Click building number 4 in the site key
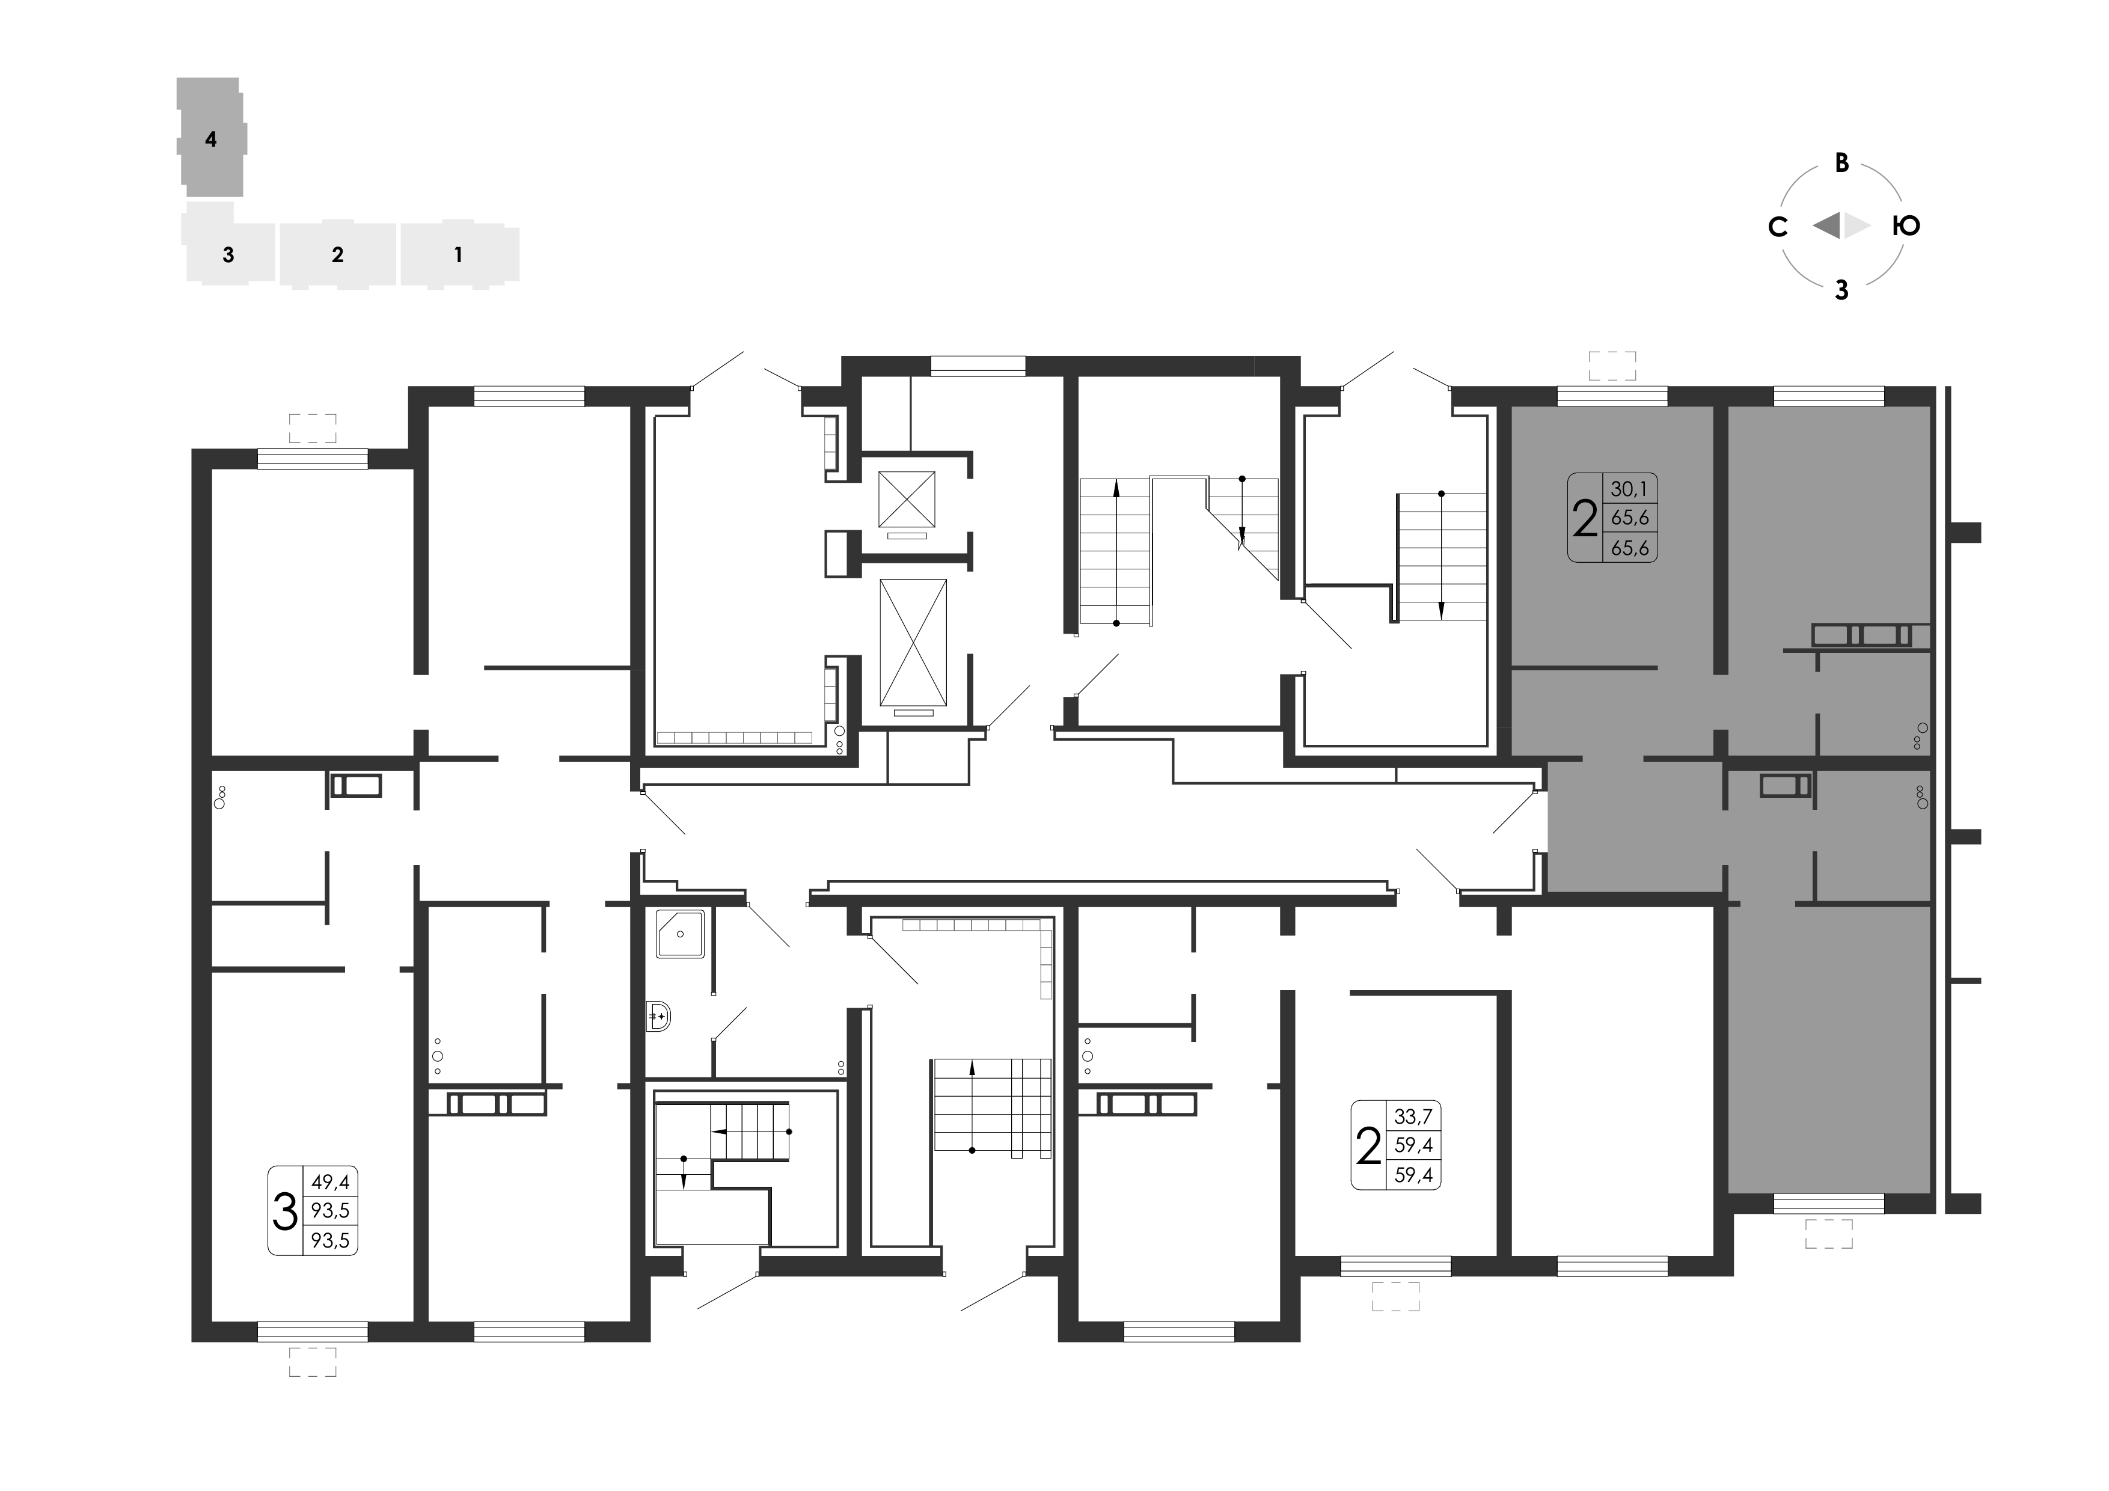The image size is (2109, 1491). pyautogui.click(x=211, y=139)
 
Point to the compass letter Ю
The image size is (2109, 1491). pyautogui.click(x=1906, y=225)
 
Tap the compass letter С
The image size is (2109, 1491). pyautogui.click(x=1777, y=226)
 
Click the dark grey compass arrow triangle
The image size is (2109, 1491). pyautogui.click(x=1827, y=225)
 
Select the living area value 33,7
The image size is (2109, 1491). pyautogui.click(x=1413, y=1116)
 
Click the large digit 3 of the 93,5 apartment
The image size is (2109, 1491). pyautogui.click(x=286, y=1211)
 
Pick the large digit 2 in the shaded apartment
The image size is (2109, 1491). pyautogui.click(x=1585, y=518)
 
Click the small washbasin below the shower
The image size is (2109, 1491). pyautogui.click(x=658, y=1016)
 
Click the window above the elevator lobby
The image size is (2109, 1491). pyautogui.click(x=978, y=366)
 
